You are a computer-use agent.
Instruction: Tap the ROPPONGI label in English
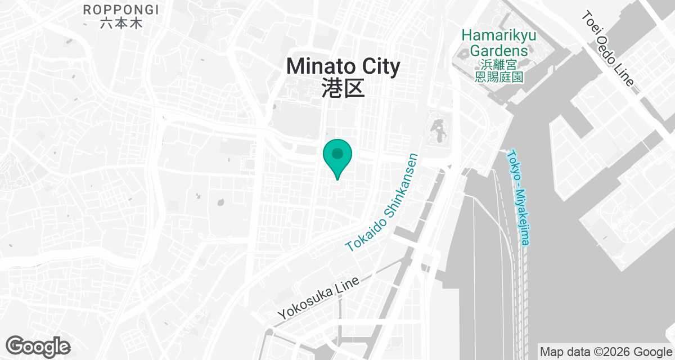[x=120, y=10]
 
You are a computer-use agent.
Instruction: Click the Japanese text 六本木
[x=120, y=24]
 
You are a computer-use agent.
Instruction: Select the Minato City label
[x=343, y=66]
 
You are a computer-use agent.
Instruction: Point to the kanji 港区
[x=343, y=88]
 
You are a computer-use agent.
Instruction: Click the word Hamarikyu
[x=499, y=35]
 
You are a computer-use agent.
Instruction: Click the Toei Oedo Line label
[x=607, y=49]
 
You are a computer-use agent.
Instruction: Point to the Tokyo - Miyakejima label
[x=519, y=197]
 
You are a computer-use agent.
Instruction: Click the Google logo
[x=38, y=346]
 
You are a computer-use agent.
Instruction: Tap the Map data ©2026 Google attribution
[x=606, y=352]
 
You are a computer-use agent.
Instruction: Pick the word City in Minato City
[x=376, y=66]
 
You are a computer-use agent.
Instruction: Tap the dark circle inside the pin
[x=337, y=153]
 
